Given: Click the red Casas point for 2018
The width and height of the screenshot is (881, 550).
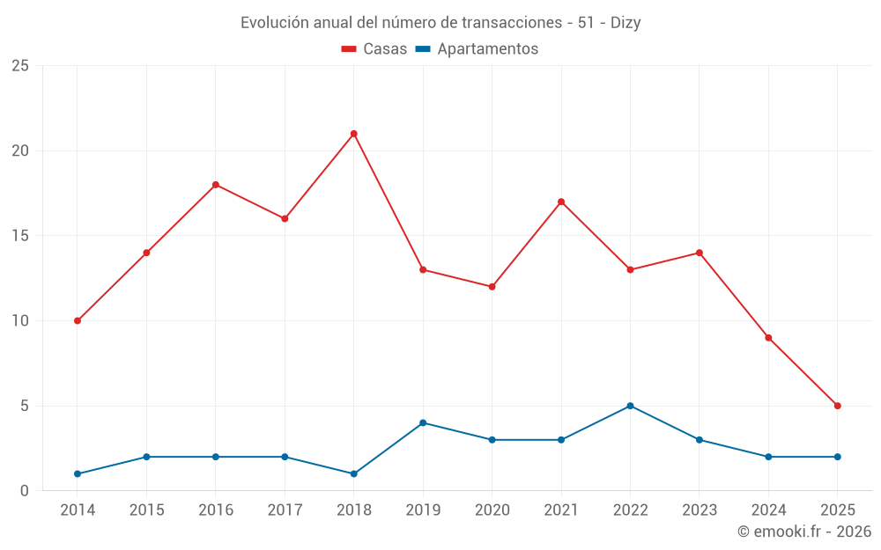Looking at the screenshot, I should [x=353, y=134].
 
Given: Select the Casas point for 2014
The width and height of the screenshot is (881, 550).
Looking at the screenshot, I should [x=78, y=320].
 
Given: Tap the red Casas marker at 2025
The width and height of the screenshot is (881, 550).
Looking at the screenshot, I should [x=837, y=406].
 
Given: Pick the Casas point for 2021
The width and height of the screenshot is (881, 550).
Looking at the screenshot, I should [x=561, y=202].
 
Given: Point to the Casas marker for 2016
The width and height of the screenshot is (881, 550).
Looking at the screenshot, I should [x=215, y=185].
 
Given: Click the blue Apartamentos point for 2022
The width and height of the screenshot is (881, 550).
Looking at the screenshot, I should [x=630, y=406].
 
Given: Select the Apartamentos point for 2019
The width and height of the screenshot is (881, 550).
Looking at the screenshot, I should [x=423, y=422].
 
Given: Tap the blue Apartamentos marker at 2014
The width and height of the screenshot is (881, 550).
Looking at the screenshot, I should [x=78, y=473].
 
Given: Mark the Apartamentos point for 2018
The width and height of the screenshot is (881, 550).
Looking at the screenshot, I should [x=353, y=473].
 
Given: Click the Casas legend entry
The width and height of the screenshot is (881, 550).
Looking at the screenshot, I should [x=374, y=49].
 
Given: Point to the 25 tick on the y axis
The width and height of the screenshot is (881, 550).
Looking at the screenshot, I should [x=20, y=66].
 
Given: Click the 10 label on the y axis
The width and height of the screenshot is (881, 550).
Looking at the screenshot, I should [x=20, y=320].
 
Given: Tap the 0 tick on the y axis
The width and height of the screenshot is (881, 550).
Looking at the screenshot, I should [x=25, y=490].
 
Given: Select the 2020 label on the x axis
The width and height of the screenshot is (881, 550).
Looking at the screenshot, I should [x=492, y=510].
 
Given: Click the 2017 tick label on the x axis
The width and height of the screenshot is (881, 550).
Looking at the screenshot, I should [x=285, y=510].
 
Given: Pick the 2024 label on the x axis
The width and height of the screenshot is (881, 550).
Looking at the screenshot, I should [x=768, y=510].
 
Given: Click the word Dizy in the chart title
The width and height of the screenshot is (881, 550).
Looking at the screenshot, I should [x=625, y=23].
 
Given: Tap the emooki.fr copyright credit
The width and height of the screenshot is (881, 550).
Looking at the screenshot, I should [x=803, y=532].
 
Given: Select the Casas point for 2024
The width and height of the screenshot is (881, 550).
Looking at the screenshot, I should [x=768, y=338].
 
